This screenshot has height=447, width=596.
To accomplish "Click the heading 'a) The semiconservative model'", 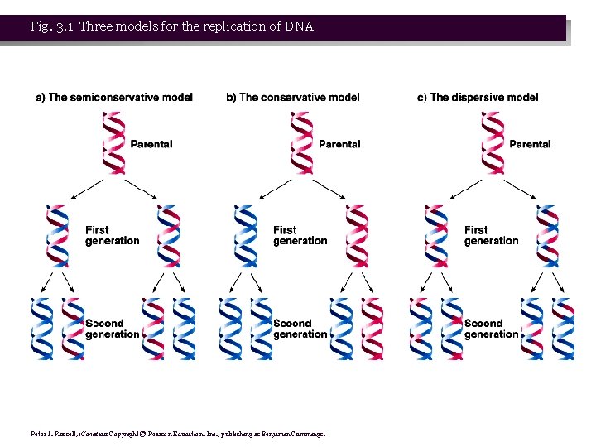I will (x=114, y=98).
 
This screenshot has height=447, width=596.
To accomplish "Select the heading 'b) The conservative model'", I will (x=293, y=98).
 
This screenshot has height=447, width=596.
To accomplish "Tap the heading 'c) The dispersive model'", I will (x=478, y=98).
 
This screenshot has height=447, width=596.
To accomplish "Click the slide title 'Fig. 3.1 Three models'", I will (x=172, y=26).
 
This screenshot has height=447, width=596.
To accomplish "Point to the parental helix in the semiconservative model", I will (x=113, y=142).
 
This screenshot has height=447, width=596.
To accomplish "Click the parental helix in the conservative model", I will (x=302, y=142).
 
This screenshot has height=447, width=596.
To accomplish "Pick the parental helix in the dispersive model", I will (x=493, y=142).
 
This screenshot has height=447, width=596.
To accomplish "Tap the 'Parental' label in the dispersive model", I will (x=530, y=144).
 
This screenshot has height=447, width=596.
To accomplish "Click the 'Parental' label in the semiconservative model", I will (x=151, y=144).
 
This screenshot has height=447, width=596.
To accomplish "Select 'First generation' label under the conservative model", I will (x=300, y=235).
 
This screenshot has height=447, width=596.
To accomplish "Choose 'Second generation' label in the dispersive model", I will (x=491, y=329).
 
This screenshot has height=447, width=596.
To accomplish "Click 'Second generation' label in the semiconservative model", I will (x=112, y=329).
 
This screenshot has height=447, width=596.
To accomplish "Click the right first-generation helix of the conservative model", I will (x=357, y=235).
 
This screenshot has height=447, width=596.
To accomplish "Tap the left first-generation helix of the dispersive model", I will (x=435, y=235).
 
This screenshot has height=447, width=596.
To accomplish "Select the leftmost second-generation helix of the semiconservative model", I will (x=41, y=328).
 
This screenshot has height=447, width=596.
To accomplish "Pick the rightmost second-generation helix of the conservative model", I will (x=372, y=328).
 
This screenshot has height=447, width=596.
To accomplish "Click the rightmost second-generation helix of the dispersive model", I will (x=563, y=328).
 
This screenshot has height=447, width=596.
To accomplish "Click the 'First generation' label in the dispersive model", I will (x=491, y=235).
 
